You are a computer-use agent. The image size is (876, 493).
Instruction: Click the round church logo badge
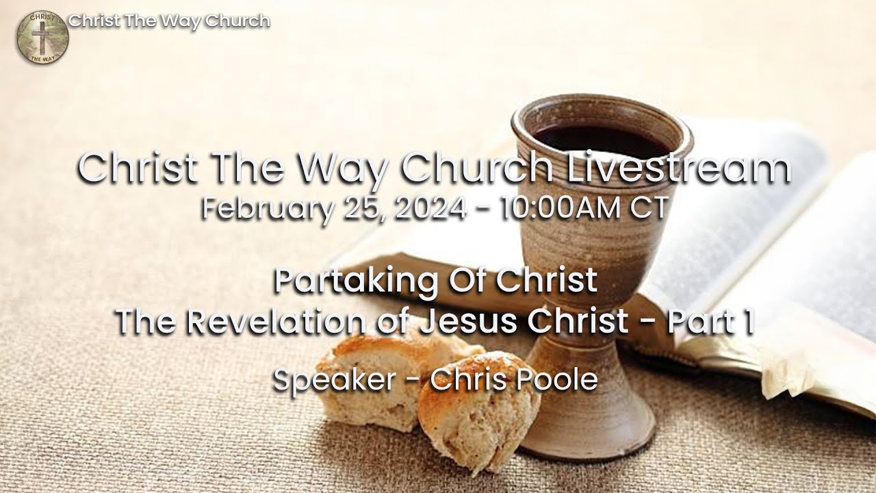click(42, 38)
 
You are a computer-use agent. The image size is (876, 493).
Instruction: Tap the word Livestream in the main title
click(679, 169)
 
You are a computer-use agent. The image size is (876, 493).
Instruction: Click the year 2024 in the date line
click(430, 207)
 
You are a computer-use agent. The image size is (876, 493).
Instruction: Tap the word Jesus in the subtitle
click(459, 322)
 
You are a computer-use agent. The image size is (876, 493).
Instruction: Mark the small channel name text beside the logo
click(169, 21)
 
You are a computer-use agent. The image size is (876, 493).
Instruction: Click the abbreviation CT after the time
click(648, 207)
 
